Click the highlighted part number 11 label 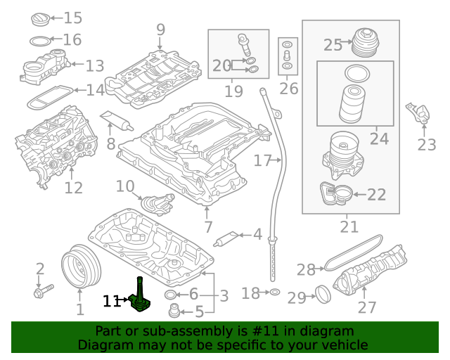pos(111,301)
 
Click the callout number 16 pos(72,40)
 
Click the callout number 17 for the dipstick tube pos(262,161)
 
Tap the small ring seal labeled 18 pos(275,292)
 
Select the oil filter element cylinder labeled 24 pos(350,105)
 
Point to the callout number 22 pos(377,195)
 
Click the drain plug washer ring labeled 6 pos(171,294)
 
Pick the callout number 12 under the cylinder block pos(74,188)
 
